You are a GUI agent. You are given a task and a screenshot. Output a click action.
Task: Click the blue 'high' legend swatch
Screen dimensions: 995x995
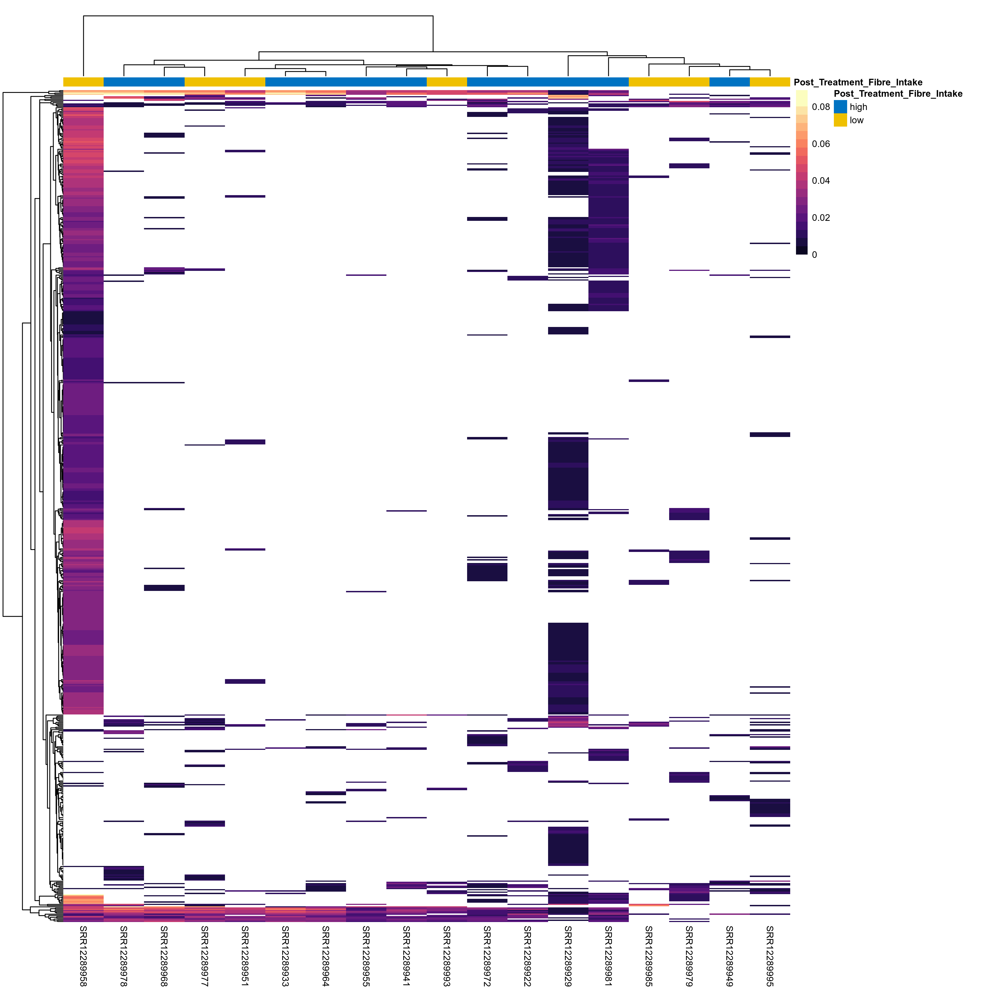[840, 107]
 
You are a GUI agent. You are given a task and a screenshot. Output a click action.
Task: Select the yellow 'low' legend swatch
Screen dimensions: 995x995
[840, 120]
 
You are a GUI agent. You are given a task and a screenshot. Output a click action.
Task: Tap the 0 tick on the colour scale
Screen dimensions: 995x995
[814, 254]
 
